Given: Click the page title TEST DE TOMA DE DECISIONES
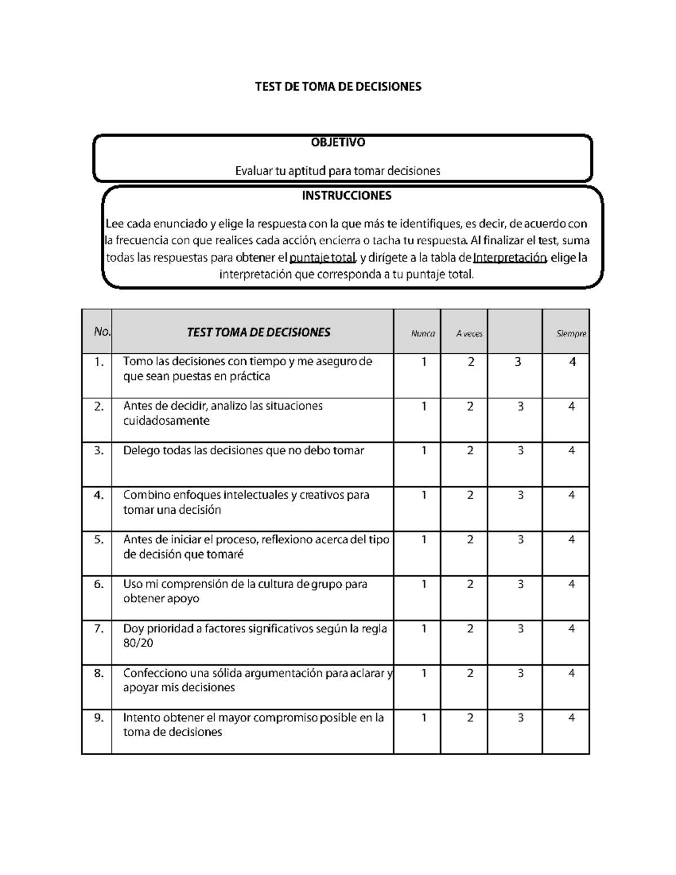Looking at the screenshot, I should [338, 87].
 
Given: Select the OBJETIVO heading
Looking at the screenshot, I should [338, 143].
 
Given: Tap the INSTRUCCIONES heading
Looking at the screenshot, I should [346, 196].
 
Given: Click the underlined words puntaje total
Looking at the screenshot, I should [322, 258].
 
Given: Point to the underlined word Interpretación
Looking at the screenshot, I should [510, 258].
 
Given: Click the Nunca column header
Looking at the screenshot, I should [422, 334].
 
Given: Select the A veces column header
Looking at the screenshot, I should [469, 334].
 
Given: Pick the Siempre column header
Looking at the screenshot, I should [571, 334].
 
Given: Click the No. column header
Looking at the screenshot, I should [102, 332].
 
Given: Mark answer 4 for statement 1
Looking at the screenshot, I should [572, 362].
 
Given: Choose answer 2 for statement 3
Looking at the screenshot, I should [470, 451].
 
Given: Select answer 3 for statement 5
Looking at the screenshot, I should [521, 540].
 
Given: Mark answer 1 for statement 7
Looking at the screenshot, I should [424, 629].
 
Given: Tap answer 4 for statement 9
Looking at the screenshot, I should [571, 718].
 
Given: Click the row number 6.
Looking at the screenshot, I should [99, 584].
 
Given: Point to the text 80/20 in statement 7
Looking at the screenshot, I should [138, 643].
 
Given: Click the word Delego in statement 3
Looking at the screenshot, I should [141, 451].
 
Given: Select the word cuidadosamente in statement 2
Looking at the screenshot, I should [166, 421].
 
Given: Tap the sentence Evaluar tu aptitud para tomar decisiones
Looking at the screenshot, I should [337, 171].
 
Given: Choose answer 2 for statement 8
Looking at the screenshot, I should [470, 673].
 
